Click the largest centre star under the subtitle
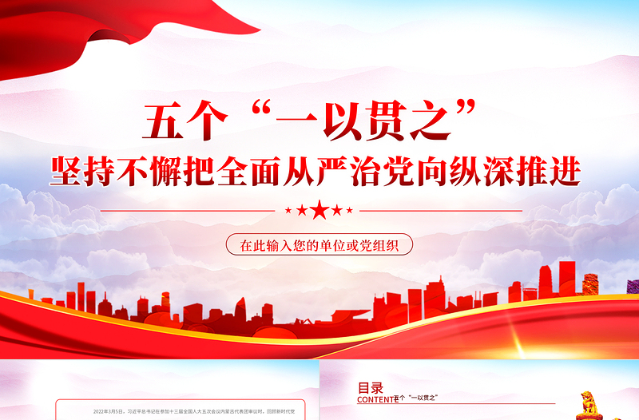pos(319,211)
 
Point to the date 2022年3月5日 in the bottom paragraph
pos(111,411)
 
